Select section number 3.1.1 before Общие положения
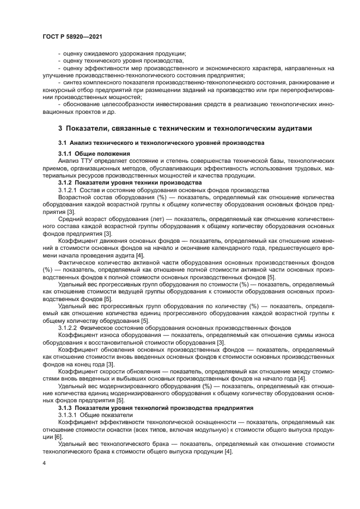tap(66, 154)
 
